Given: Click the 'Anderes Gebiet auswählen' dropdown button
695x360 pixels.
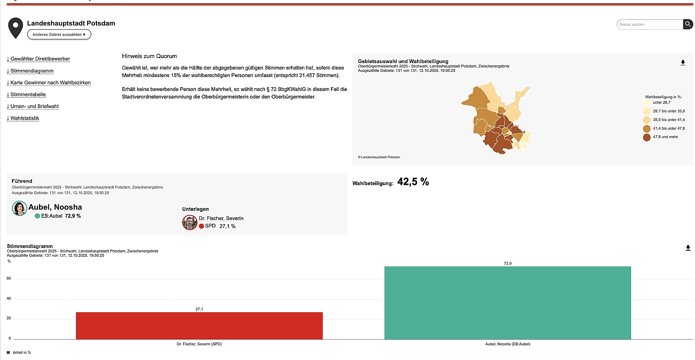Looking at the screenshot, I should coord(59,34).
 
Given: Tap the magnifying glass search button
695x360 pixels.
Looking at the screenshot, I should coord(688,24).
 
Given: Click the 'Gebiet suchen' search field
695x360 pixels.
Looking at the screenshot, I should coord(650,24).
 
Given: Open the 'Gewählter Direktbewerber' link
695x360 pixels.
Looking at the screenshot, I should coord(38,59).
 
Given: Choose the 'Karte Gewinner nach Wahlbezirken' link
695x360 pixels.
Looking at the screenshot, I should coord(49,82).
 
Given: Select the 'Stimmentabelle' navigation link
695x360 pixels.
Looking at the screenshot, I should coord(26,95).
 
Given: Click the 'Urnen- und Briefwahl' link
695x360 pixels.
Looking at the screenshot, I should coord(33,106).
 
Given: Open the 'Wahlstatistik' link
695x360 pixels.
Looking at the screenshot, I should coord(23,118).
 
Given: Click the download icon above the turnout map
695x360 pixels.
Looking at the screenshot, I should coord(682,63).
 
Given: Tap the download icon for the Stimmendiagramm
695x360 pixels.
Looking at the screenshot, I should coord(688,248).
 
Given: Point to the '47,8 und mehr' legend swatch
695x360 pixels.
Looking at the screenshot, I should coord(647,137).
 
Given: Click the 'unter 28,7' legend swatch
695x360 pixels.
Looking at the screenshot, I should coord(647,103).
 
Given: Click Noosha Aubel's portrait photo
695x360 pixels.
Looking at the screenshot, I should coord(19,208).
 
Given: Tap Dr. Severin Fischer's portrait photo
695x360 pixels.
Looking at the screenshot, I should coord(190,222).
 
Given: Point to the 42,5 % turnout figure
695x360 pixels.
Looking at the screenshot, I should coord(413,182).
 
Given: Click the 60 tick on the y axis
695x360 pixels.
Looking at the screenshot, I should coord(9,279).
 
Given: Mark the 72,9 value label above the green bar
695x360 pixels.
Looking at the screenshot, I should coord(507,263).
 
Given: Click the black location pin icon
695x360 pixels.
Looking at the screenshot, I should coord(16,28).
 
